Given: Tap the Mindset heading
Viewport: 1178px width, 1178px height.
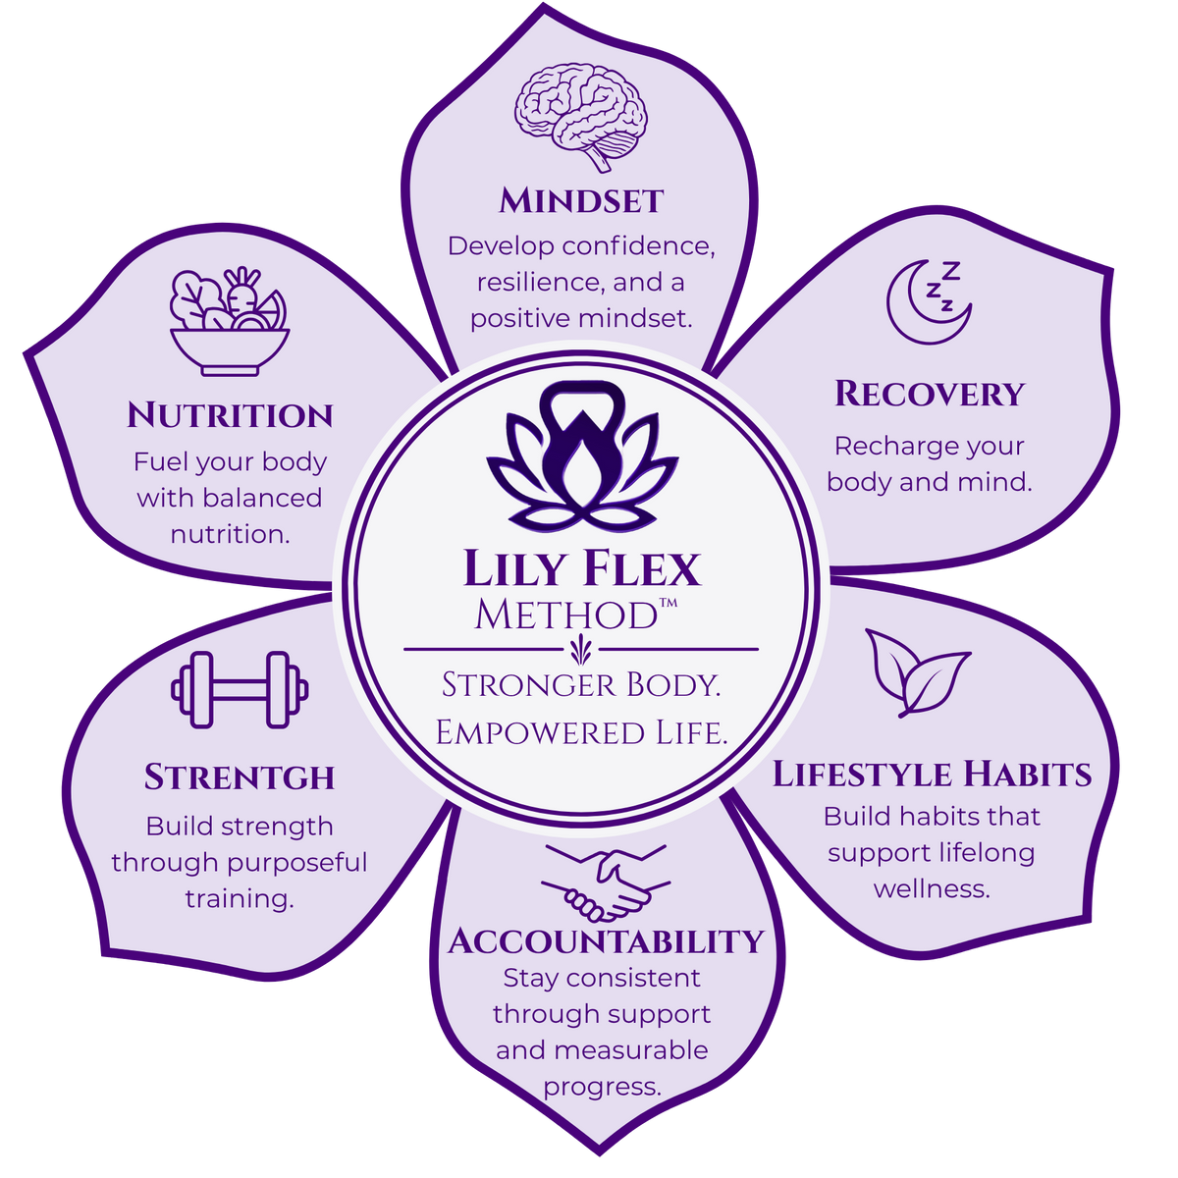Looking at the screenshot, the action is [x=581, y=201].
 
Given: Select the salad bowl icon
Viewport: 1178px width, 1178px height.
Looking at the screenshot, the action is [x=230, y=322].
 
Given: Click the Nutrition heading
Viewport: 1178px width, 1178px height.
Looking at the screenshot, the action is [x=230, y=415].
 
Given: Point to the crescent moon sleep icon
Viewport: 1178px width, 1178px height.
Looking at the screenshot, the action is [x=929, y=302].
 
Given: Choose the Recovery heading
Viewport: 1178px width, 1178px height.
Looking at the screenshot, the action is [x=930, y=394].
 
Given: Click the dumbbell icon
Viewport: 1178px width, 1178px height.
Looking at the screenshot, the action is [x=240, y=689].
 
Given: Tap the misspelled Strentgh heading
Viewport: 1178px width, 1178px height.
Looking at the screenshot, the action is [x=240, y=777].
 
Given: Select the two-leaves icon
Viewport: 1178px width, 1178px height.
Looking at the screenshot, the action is [x=917, y=673].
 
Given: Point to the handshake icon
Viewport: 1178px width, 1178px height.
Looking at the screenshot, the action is [x=606, y=883].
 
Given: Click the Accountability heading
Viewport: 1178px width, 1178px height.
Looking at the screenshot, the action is [x=606, y=940].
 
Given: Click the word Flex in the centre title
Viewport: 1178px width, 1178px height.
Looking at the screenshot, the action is [x=641, y=569].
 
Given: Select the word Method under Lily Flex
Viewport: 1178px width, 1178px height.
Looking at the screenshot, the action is [x=566, y=615].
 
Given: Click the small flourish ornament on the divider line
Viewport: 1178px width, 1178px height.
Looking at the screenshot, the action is [x=578, y=650].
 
